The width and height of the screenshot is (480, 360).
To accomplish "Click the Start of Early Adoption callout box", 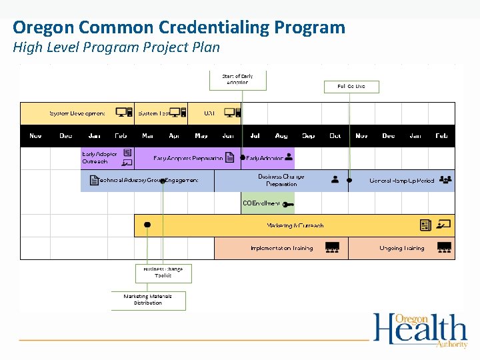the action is point(237,79).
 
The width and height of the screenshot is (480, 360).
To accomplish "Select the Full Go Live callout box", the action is point(351,87).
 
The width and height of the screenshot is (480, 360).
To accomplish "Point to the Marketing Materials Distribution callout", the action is point(148,300).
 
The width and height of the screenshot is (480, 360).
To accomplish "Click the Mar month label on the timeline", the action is point(148,136).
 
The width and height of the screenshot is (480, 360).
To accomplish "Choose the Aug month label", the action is point(281,136).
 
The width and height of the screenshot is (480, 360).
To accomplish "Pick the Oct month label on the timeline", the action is point(335,136).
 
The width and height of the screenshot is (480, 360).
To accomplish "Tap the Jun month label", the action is point(228,136).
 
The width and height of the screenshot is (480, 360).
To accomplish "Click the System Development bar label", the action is point(77,113).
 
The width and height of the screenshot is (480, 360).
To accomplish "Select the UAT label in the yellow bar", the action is point(209,113).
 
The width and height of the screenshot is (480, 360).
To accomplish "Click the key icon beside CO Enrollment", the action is point(288,203).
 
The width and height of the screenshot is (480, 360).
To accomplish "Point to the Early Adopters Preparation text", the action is point(188,159).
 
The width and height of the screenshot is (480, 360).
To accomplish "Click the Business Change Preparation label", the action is point(281,180).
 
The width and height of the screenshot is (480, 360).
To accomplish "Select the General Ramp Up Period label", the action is point(401,181).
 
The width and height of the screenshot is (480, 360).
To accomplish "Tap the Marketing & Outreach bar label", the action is point(295,226).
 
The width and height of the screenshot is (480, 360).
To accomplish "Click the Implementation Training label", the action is point(281,249).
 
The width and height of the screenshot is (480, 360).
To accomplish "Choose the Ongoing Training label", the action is point(401,249).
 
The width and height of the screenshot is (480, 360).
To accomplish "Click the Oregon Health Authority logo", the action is point(420,329).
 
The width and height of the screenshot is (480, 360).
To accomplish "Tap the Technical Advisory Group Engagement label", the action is point(148,181).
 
